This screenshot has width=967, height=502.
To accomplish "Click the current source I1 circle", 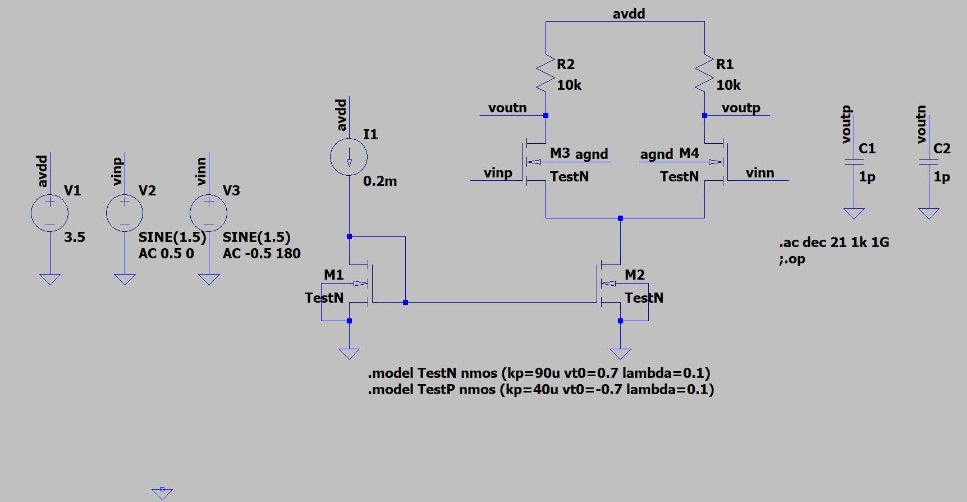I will pos(349,157).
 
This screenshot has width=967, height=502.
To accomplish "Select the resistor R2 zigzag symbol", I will pos(545,72).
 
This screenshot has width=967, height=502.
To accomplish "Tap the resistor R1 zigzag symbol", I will pos(704,72).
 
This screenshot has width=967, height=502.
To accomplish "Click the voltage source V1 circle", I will pos(49,213).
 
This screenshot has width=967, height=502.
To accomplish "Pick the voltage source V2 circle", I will pos(125,213).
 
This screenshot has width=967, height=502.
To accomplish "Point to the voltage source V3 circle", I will pos(208,213).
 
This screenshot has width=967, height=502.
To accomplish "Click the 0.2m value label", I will pos(380,181).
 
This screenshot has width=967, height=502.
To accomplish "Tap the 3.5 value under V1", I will pos(74,237).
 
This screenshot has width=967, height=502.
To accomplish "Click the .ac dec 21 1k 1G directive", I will pos(834,243).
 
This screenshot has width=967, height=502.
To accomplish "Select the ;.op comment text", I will pos(792,259).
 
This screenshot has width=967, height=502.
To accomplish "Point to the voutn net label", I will pos(507,108).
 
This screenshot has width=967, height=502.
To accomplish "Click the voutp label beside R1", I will pos(741,108).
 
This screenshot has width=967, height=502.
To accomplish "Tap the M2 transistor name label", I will pos(635,275).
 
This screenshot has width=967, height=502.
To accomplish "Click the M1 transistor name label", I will pos(333,275).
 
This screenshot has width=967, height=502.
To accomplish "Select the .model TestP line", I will pos(540,390).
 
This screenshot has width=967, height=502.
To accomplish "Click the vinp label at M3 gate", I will pos(498,173).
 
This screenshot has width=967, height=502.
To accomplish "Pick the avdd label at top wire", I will pos(629,14).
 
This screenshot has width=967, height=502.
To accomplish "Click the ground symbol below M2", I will pos(620,353).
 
